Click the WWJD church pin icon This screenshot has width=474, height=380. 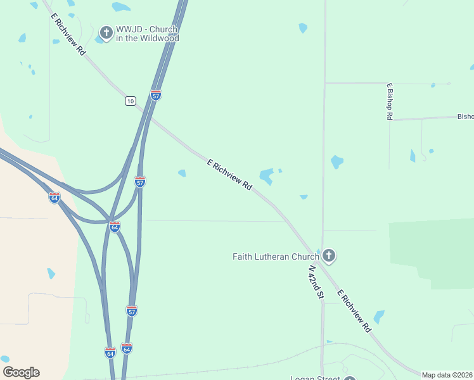(x=106, y=31)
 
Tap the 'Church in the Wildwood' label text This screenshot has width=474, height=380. (x=147, y=34)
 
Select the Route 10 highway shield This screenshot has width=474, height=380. (x=130, y=101)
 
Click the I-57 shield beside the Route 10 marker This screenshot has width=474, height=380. (x=156, y=95)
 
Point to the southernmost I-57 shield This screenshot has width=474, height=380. (x=132, y=310)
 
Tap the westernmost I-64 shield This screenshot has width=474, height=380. (x=54, y=198)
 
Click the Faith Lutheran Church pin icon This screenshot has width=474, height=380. (x=328, y=256)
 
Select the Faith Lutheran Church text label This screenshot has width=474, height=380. (x=276, y=256)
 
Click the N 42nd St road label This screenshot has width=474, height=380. (x=316, y=282)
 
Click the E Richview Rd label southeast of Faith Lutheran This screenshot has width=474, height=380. (x=354, y=311)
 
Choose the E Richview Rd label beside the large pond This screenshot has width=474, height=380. (x=230, y=175)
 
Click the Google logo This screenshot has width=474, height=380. (x=21, y=372)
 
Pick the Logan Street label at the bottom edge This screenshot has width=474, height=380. (x=316, y=378)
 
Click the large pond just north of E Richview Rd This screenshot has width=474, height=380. (x=267, y=175)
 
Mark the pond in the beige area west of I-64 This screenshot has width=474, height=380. (x=51, y=274)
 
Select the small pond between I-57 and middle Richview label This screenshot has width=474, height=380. (x=182, y=173)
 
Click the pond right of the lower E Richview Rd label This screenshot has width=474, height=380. (x=379, y=316)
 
